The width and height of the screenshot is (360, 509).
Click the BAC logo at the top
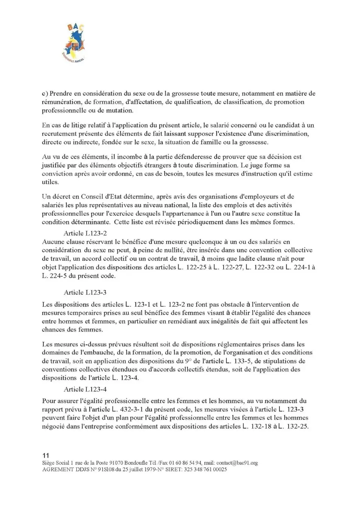click(74, 43)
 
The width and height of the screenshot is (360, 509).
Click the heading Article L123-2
click(85, 233)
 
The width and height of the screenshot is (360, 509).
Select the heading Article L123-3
click(85, 292)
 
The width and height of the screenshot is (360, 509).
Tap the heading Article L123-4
click(85, 389)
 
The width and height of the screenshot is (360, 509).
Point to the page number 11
click(46, 455)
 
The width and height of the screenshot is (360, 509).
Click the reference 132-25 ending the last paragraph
click(298, 426)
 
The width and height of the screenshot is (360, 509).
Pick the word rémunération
click(61, 102)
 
